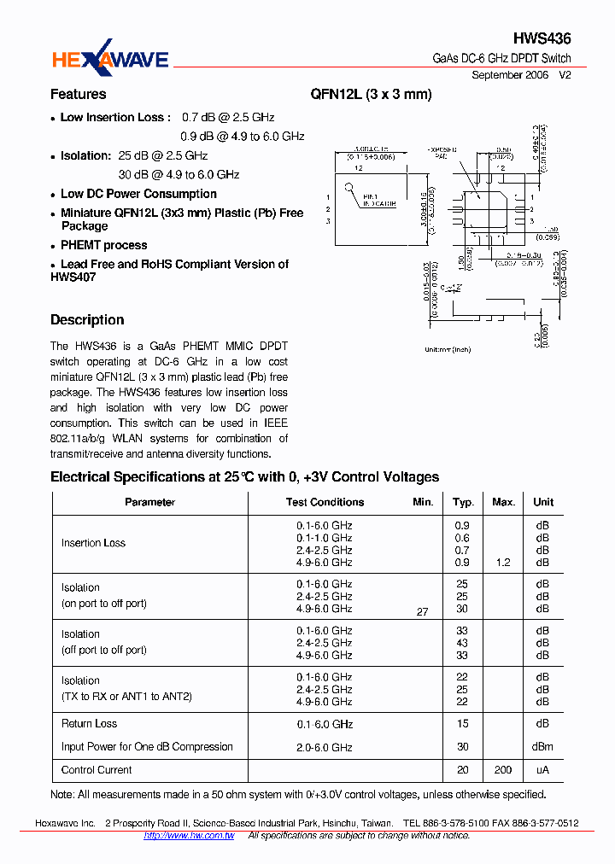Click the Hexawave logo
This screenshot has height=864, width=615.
pos(110,58)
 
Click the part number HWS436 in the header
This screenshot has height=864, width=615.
pos(542,38)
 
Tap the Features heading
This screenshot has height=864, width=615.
pos(79,94)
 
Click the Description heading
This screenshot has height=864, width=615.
pos(87,320)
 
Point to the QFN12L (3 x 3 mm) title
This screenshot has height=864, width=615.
pos(372,94)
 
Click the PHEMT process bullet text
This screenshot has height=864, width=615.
pos(104,245)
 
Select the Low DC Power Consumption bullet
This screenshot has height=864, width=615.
pos(138,194)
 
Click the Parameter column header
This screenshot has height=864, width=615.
pos(149,502)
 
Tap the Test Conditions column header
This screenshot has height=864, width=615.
pos(325,502)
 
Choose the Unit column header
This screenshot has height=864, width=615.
pos(543,502)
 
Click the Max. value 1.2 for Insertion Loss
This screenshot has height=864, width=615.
pos(503,563)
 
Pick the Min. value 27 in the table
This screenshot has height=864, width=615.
pos(422,612)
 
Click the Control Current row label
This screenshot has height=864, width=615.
pos(97,770)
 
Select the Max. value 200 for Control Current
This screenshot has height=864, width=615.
pos(503,770)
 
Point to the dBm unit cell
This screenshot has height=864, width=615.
pos(543,747)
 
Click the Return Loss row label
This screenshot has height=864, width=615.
pos(89,724)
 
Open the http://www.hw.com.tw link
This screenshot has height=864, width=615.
pos(189,836)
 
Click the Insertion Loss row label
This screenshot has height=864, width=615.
pos(93,543)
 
